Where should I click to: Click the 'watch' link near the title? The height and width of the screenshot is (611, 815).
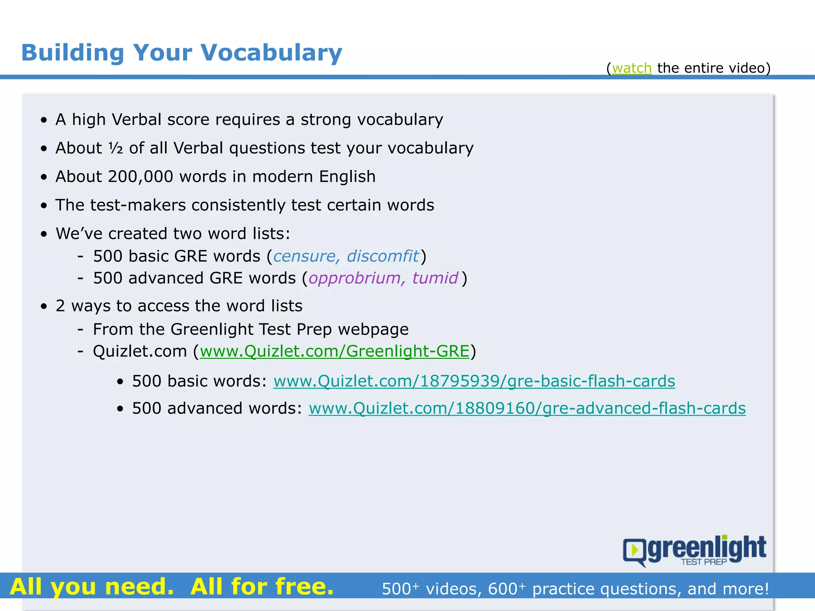tap(632, 68)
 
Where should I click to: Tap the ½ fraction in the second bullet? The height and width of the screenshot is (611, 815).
tap(116, 148)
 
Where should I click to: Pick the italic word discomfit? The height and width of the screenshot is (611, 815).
tap(383, 256)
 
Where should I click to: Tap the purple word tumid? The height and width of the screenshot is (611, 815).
tap(435, 278)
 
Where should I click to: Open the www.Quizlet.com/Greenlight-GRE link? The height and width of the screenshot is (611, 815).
tap(334, 351)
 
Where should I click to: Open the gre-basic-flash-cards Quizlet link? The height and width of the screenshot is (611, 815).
tap(474, 381)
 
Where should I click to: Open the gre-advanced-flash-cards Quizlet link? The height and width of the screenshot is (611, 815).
tap(527, 409)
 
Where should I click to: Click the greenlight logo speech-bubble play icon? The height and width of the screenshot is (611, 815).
tap(634, 551)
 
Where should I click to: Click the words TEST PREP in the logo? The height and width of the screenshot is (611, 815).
tap(703, 562)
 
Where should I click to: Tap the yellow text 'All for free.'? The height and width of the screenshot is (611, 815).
tap(262, 586)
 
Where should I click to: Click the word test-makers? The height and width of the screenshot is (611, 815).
tap(138, 205)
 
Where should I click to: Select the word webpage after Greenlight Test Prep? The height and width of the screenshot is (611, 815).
tap(373, 329)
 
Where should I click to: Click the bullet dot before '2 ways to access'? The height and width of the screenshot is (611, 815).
tap(44, 306)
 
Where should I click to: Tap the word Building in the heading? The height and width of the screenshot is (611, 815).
tap(72, 53)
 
